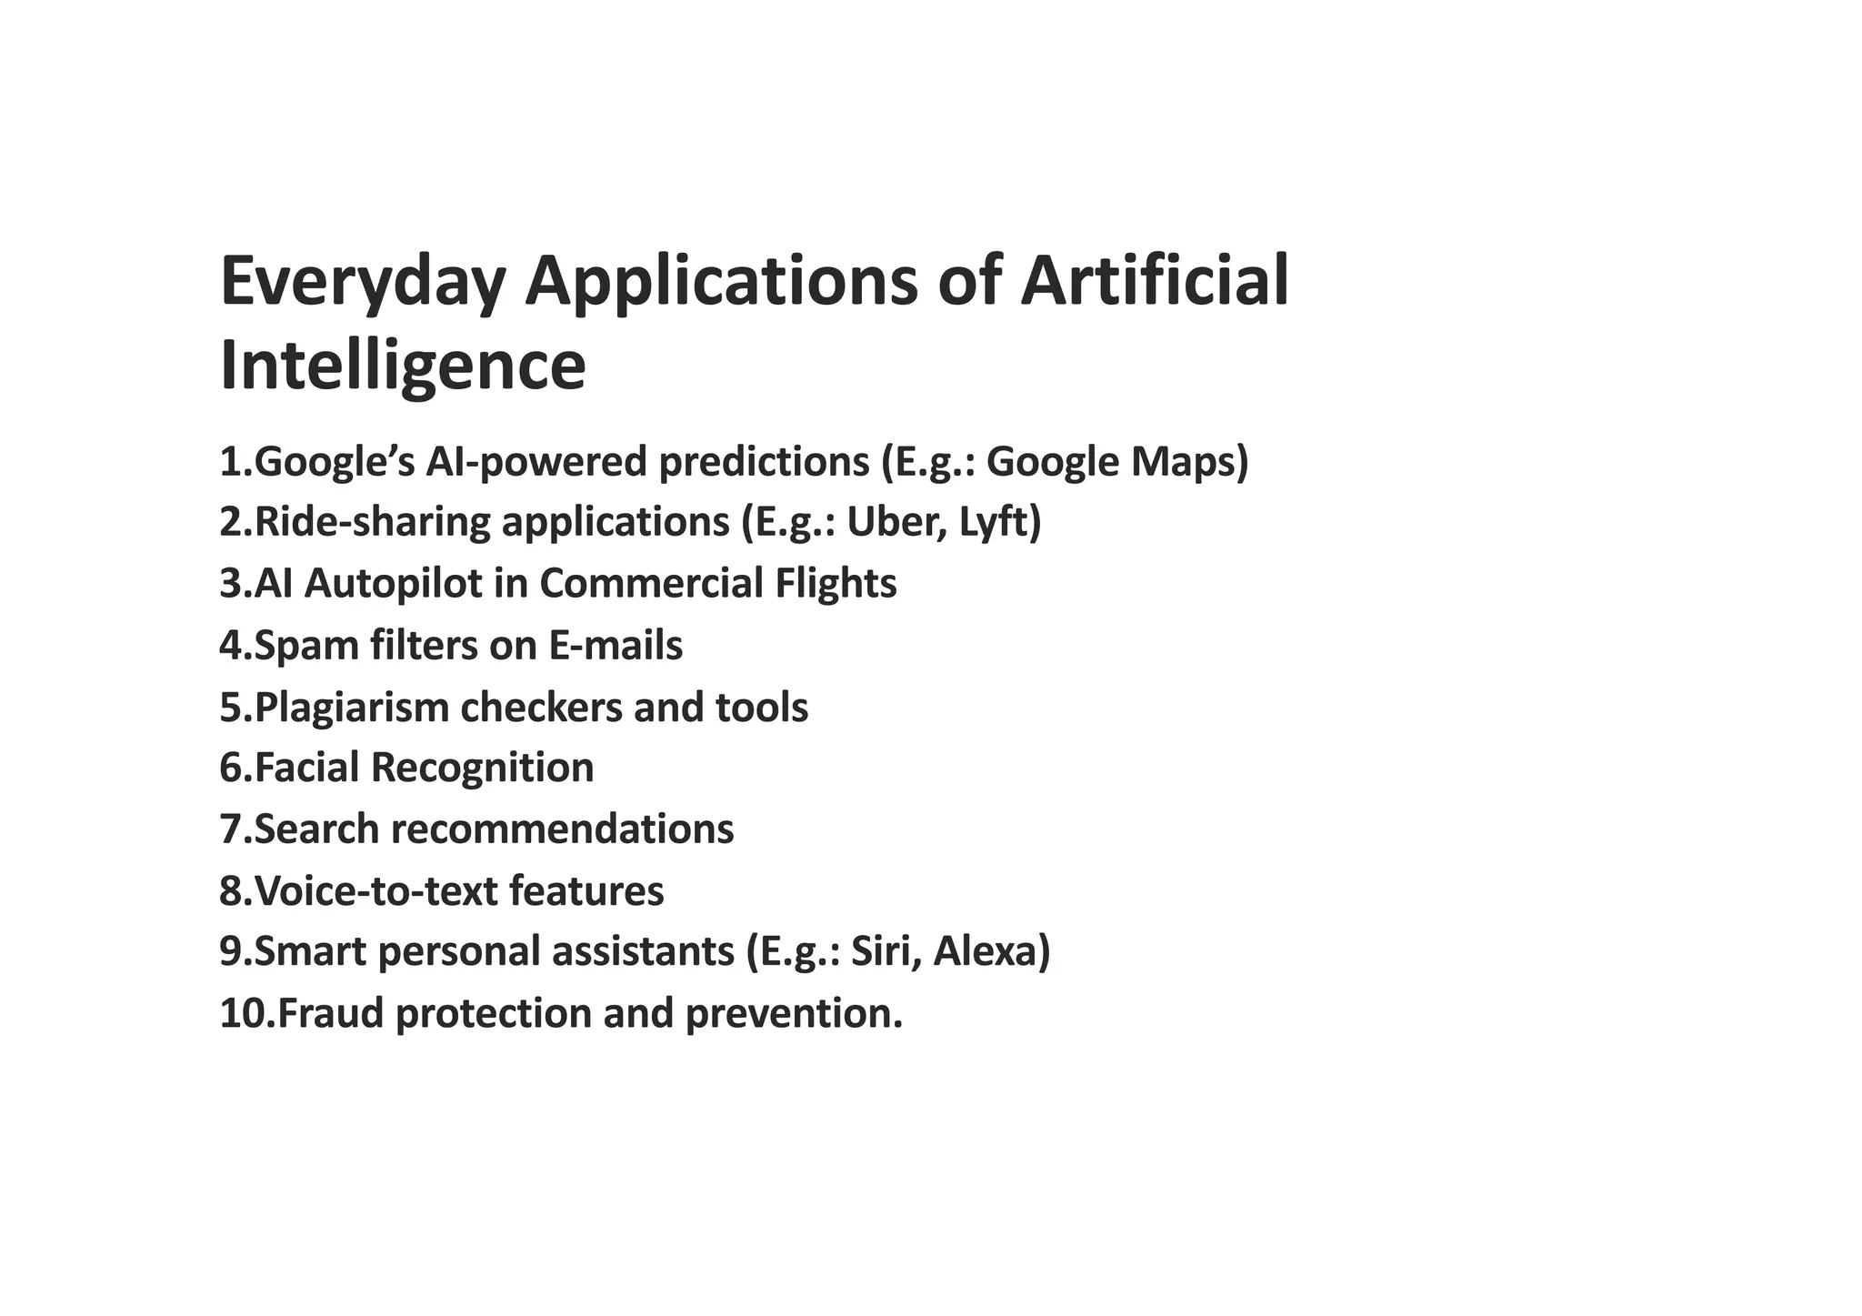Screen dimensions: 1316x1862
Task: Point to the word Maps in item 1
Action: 1189,462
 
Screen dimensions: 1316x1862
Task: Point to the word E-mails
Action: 616,646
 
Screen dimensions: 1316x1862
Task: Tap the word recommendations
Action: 563,829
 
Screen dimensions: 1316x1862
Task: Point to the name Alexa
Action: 991,952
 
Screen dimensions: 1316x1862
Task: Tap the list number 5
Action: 232,708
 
